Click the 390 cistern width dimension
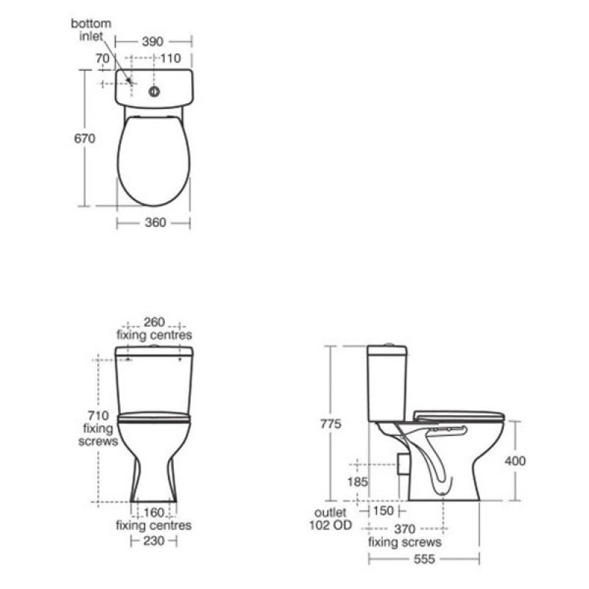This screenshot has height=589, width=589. pos(153,41)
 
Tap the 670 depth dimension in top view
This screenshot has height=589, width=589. pos(85,138)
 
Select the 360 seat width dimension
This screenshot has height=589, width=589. pos(155,222)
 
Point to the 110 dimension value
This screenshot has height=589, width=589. pos(171,58)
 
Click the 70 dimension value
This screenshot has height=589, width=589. pos(102,58)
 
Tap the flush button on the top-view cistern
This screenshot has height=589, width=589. pos(154,91)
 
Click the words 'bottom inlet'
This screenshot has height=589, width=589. pos(91,29)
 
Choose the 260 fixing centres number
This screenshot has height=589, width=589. pos(154,322)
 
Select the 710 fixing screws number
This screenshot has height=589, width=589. pos(98,415)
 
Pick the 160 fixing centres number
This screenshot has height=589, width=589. pos(154,512)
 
